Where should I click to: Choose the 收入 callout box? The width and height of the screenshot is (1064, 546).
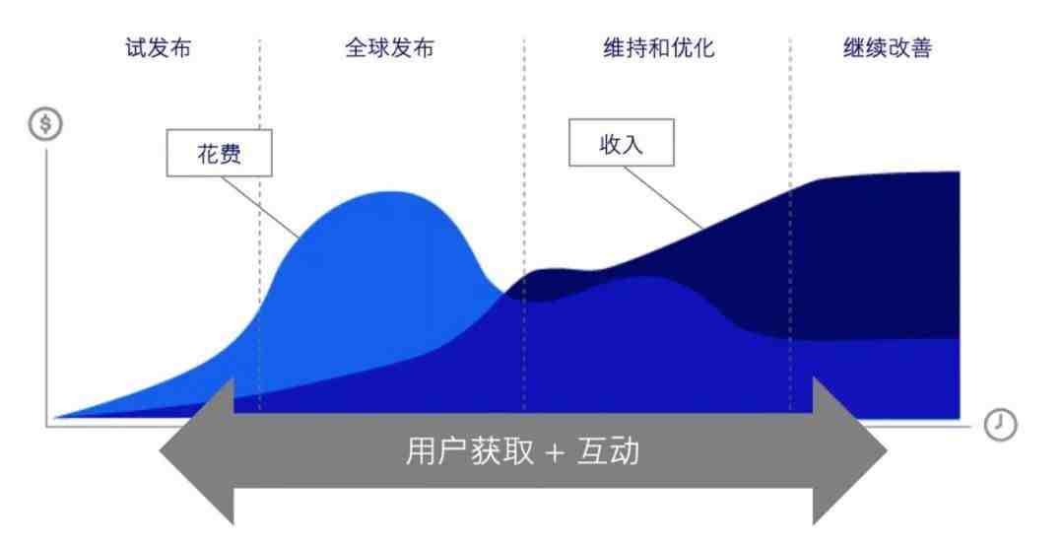point(622,144)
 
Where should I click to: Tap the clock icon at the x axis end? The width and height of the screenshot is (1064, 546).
point(999,425)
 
